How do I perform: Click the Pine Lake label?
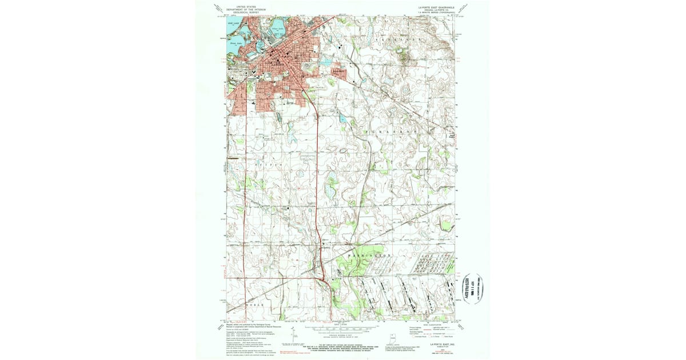tap(233, 23)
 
